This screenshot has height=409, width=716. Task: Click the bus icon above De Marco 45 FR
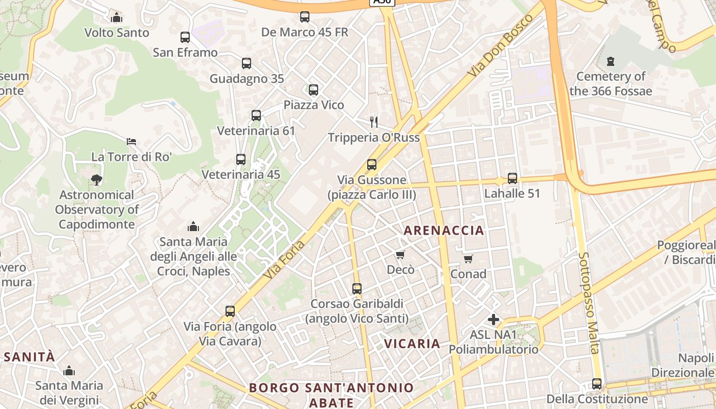[x=305, y=17]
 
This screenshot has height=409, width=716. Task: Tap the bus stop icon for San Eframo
[x=185, y=37]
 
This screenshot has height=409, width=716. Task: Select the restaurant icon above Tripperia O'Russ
[x=374, y=122]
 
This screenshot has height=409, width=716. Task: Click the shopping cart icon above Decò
[x=400, y=255]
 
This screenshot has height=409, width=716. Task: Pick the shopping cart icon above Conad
[x=468, y=259]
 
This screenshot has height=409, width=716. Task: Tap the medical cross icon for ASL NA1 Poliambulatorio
[x=494, y=320]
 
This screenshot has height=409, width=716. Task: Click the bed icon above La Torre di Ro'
[x=131, y=142]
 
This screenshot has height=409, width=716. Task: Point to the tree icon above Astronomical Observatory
[x=96, y=179]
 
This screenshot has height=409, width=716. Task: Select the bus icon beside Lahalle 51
[x=512, y=178]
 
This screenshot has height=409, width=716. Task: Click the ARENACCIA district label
[x=444, y=231]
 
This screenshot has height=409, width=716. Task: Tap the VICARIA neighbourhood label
[x=412, y=344]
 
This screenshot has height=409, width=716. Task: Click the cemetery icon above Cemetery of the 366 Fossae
[x=610, y=62]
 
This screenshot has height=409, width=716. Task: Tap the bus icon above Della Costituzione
[x=597, y=384]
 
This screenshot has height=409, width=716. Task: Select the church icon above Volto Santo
[x=117, y=17]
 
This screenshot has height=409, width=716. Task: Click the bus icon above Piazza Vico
[x=314, y=90]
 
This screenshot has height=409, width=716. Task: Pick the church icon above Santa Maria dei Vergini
[x=69, y=371]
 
